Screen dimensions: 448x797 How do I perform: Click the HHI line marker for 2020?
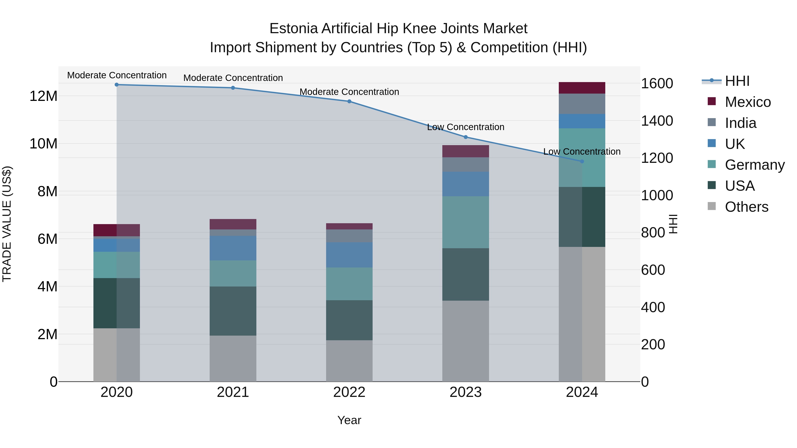click(x=117, y=85)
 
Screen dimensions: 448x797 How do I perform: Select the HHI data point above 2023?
click(x=466, y=137)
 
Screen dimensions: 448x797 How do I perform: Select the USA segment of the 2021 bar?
click(x=233, y=311)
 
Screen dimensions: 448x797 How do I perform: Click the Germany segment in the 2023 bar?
click(x=465, y=222)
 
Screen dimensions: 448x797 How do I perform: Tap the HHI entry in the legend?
click(x=737, y=81)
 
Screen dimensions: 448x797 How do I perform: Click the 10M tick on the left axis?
click(x=43, y=144)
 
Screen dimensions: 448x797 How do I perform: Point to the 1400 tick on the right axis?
click(x=657, y=121)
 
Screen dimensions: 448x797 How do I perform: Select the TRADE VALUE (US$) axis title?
click(x=7, y=224)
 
